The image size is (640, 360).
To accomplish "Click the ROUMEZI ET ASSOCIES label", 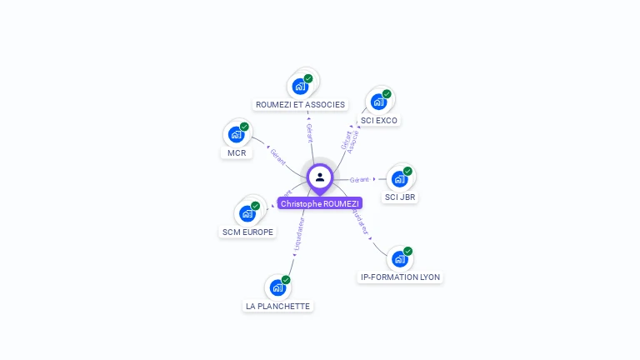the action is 300,104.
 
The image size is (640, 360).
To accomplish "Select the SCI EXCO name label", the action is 379,120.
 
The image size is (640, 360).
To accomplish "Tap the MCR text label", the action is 236,152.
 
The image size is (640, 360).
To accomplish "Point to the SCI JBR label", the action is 400,197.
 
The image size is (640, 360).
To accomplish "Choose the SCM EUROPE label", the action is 247,232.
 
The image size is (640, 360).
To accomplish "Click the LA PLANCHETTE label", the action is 277,306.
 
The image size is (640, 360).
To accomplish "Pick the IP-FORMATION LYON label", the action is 400,277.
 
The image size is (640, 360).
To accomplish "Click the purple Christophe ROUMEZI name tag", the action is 320,203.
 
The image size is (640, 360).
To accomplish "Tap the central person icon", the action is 320,177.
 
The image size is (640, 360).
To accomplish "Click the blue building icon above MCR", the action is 236,133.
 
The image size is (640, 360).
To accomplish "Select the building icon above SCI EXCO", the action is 378,102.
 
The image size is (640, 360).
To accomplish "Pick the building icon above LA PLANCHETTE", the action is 277,287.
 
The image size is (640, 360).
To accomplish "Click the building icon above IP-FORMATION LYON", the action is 400,258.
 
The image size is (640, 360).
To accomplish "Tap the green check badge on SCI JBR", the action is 407,171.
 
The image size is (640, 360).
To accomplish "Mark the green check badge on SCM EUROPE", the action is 255,205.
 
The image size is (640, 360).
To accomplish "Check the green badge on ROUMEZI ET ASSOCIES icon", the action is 308,78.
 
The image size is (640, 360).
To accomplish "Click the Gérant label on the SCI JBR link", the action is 359,179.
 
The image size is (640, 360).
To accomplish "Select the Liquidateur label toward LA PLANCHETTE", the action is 299,233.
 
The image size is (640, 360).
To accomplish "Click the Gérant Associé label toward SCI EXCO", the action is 350,141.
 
